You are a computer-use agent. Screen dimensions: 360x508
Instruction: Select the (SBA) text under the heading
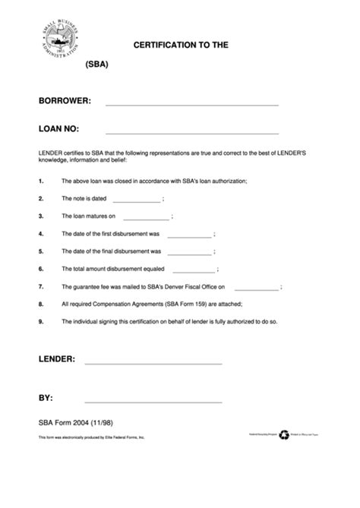point(97,65)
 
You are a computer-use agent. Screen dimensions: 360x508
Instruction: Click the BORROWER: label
point(65,100)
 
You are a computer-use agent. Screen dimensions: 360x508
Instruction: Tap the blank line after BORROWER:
point(191,103)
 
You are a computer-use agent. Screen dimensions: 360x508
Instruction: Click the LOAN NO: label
point(59,128)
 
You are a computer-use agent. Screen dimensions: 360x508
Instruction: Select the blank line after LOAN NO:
point(191,131)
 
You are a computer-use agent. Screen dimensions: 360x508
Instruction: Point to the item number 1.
point(40,181)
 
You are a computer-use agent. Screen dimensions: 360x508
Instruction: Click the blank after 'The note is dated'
point(137,200)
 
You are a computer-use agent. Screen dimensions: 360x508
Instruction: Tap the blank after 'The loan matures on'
point(144,217)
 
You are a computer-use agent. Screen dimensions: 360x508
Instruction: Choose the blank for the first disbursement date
point(188,236)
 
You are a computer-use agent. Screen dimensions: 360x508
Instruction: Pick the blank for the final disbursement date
point(188,254)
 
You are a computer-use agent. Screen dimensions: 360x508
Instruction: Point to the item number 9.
point(40,321)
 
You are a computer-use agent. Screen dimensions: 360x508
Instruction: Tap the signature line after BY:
point(153,401)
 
